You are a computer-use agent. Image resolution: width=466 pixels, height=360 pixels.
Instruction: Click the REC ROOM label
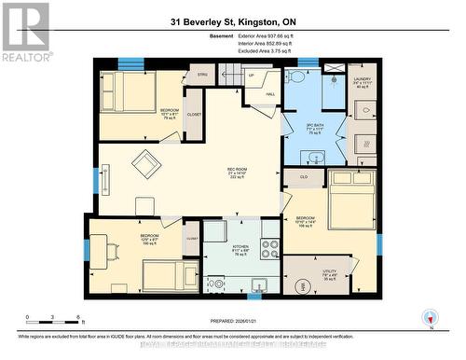[x=237, y=172]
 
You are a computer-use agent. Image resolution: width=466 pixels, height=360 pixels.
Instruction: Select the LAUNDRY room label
[x=363, y=81]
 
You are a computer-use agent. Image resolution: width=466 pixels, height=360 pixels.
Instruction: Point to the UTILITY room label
[x=328, y=273]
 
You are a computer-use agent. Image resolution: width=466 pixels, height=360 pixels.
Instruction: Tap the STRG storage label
[x=202, y=75]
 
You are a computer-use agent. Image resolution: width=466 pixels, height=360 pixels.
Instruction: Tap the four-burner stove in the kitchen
[x=270, y=249]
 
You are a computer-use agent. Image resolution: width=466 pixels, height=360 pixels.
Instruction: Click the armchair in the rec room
[x=145, y=164]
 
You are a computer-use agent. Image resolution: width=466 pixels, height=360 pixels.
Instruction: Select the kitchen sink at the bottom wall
[x=259, y=284]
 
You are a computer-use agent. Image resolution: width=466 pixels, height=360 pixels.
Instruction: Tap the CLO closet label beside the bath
[x=304, y=175]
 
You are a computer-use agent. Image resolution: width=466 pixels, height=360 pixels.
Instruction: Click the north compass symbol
[x=429, y=317]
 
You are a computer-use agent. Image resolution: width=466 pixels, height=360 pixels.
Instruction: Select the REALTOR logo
[x=25, y=32]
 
